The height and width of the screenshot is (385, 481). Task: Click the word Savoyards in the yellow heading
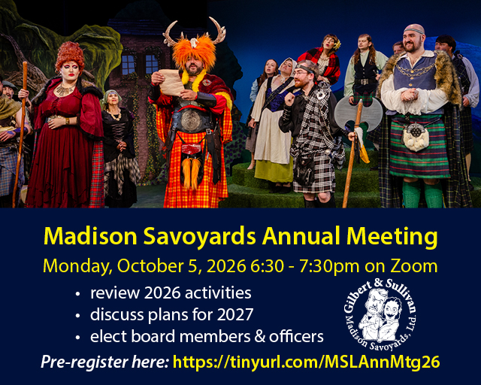tap(199, 236)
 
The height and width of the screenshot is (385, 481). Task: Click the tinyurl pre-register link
tap(306, 362)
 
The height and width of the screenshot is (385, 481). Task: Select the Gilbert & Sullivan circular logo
tap(380, 314)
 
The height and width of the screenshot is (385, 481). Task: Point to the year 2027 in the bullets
tap(235, 315)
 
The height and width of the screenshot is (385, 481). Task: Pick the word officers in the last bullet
tap(296, 336)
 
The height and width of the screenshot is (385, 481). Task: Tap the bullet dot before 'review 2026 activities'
tap(77, 294)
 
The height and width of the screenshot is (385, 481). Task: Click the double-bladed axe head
tap(358, 114)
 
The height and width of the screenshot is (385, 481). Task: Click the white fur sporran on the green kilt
tap(415, 138)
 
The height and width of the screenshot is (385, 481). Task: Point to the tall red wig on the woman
tap(70, 55)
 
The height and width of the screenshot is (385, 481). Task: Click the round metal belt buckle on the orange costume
tap(190, 120)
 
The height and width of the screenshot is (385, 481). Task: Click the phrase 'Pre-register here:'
tap(104, 362)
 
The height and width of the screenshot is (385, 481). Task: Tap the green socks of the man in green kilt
tap(422, 193)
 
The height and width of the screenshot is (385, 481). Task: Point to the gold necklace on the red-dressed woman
tap(65, 89)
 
